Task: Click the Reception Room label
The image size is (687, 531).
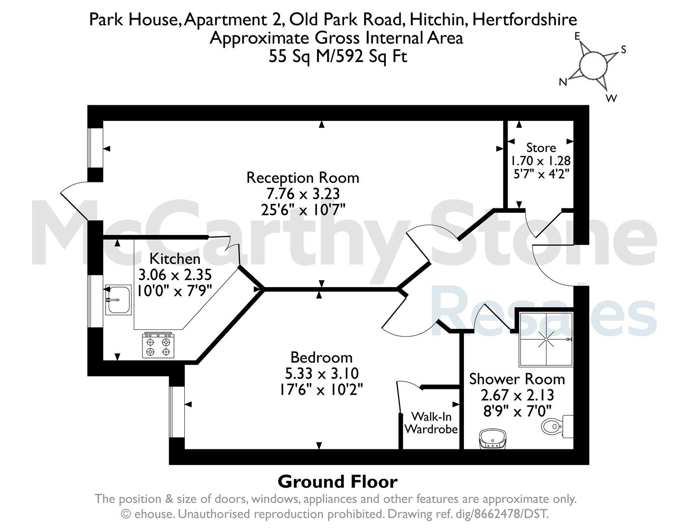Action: pyautogui.click(x=303, y=178)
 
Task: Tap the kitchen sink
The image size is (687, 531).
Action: pyautogui.click(x=118, y=299)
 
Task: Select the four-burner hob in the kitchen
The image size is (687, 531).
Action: pyautogui.click(x=158, y=345)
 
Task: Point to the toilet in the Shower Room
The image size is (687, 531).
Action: pyautogui.click(x=557, y=426)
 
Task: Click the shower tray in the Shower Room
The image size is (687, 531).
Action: pyautogui.click(x=546, y=339)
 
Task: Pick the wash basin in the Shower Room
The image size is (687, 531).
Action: pyautogui.click(x=493, y=439)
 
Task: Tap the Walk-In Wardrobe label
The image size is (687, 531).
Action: pyautogui.click(x=431, y=423)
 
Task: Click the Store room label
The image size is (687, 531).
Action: pyautogui.click(x=541, y=147)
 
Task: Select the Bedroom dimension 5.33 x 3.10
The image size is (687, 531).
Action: pyautogui.click(x=322, y=374)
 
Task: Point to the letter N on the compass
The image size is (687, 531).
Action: pyautogui.click(x=563, y=82)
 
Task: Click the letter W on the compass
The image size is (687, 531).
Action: pyautogui.click(x=611, y=98)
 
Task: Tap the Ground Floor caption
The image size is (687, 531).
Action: pyautogui.click(x=337, y=482)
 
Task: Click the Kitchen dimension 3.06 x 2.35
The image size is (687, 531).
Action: pyautogui.click(x=175, y=275)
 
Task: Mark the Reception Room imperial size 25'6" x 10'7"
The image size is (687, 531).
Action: pyautogui.click(x=303, y=209)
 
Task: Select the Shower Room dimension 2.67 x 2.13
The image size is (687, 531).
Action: pyautogui.click(x=517, y=395)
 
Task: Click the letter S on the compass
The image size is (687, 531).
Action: pyautogui.click(x=624, y=50)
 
